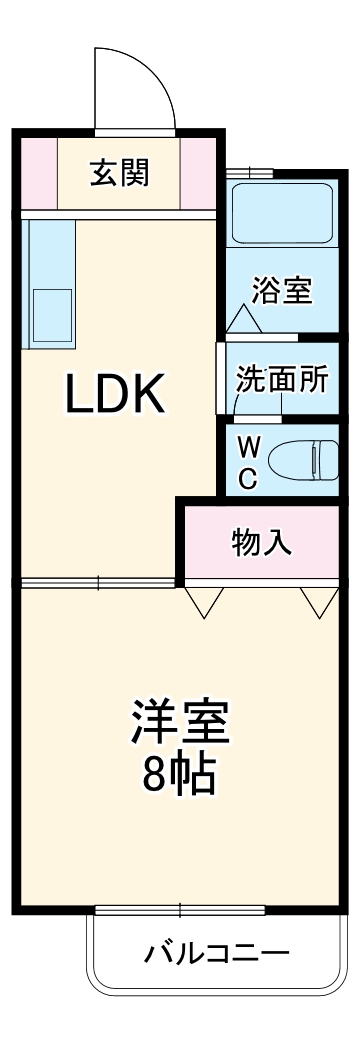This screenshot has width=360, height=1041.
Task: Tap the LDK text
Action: point(114,396)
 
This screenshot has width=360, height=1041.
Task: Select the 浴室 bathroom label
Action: point(282,291)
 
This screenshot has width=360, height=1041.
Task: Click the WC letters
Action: point(248,459)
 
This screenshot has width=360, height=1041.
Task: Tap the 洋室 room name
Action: point(180,722)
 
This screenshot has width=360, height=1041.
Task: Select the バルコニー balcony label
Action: point(216,950)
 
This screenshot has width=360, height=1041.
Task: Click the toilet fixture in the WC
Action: point(305,459)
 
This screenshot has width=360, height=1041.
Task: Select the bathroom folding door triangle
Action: point(243,320)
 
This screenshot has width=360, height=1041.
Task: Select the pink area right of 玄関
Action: point(199,172)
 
